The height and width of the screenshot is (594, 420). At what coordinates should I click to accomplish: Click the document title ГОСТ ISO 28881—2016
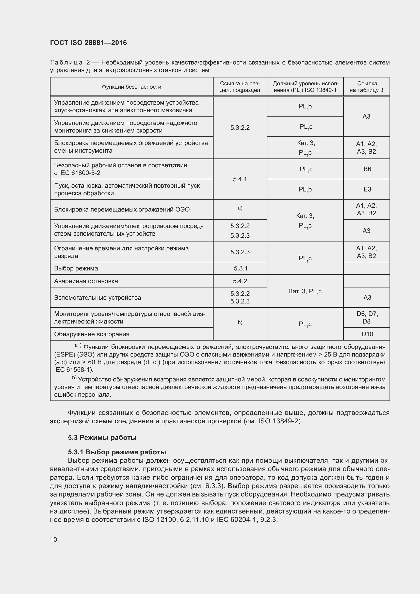pos(88,43)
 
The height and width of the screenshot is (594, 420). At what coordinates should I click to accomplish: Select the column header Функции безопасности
pos(131,87)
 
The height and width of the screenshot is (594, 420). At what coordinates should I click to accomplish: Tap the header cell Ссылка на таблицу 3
pos(366,87)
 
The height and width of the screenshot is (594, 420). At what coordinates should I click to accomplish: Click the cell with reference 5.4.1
pos(240,179)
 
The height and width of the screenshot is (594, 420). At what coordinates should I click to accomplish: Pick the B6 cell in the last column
pos(367,169)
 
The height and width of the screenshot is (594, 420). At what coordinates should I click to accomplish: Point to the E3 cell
pos(367,189)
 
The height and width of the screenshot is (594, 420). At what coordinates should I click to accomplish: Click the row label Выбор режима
pos(76,268)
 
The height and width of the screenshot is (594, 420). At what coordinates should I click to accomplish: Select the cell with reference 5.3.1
pos(240,268)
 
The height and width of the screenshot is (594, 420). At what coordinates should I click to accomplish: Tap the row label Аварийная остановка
pos(86,281)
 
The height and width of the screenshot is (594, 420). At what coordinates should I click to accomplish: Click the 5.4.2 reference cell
pos(240,281)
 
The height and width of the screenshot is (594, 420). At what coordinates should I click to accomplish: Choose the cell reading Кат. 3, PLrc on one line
pos(305,291)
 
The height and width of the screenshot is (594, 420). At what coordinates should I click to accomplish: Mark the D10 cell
pos(367,334)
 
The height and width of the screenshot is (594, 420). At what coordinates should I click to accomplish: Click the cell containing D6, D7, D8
pos(367,317)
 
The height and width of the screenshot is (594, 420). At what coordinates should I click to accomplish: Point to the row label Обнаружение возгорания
pos(92,334)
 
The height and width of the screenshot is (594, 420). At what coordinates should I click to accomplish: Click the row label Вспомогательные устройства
pos(98,298)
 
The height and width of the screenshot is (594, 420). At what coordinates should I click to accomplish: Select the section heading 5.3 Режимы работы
pos(102,438)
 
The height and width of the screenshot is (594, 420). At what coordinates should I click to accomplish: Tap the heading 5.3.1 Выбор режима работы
pos(117,452)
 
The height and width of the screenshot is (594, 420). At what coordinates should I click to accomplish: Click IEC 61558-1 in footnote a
pos(73,370)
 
